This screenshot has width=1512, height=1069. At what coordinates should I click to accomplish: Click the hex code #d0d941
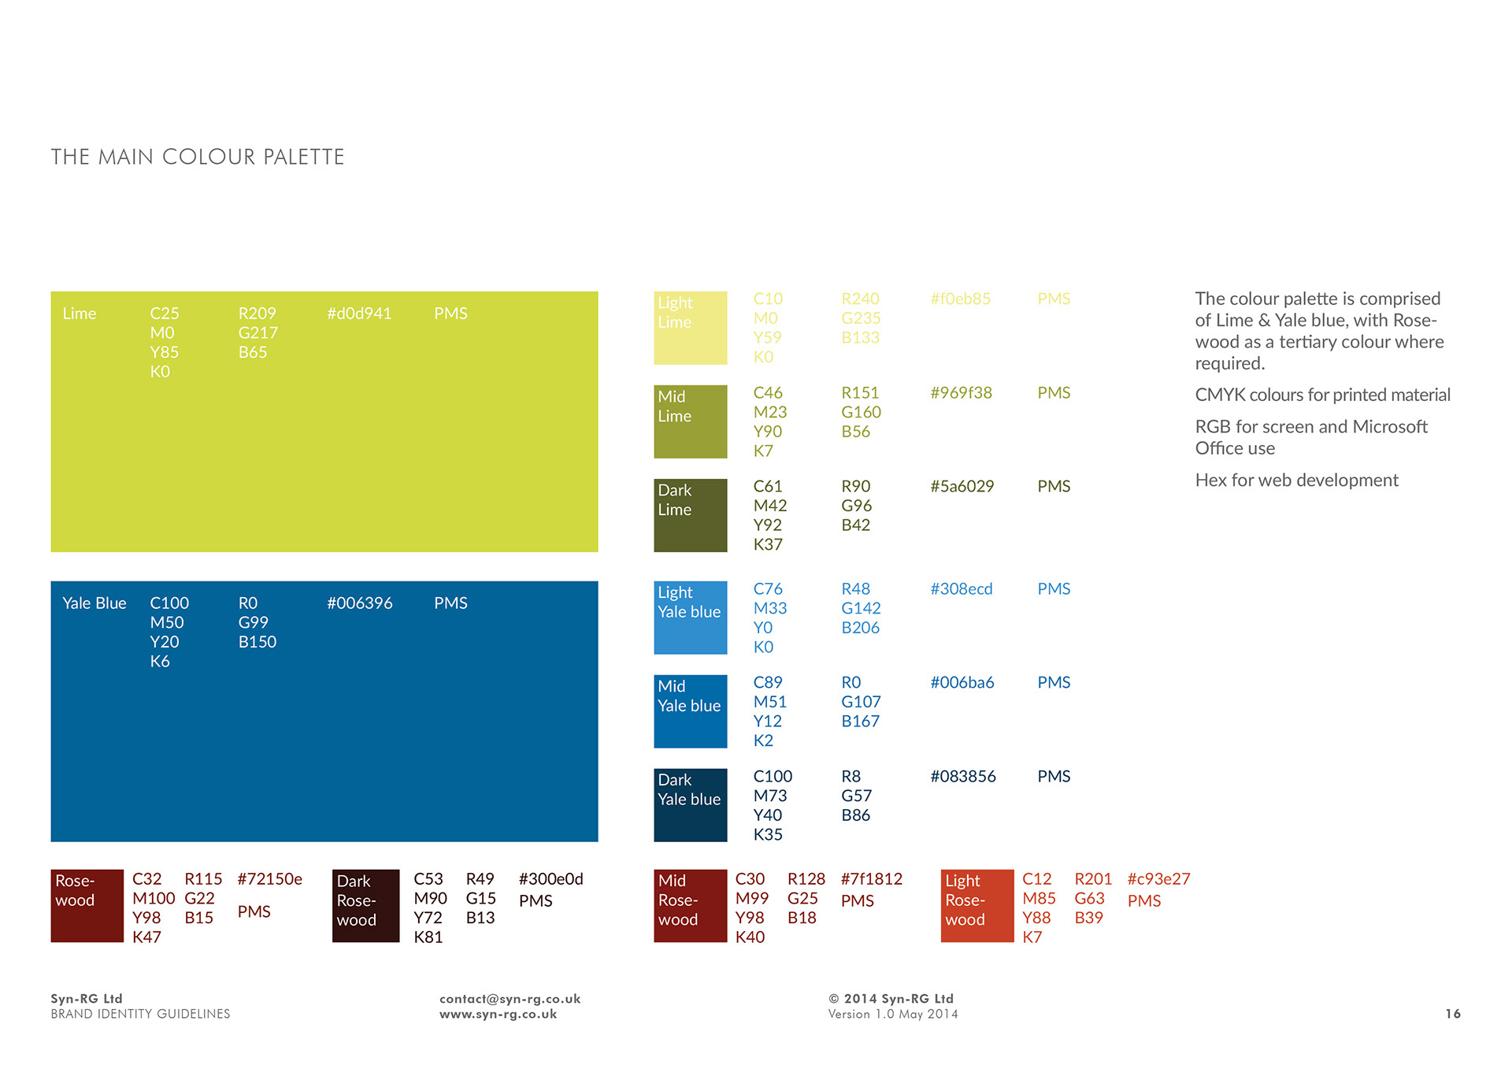pos(359,314)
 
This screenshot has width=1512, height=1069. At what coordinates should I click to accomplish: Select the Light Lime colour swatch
pos(690,328)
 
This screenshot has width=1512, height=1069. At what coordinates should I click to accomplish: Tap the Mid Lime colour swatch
pos(690,421)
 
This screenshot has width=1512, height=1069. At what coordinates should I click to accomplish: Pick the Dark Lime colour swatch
pos(690,515)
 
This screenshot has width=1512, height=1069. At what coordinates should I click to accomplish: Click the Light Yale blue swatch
pos(690,618)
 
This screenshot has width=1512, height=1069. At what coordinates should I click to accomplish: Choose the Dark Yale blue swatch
pos(690,805)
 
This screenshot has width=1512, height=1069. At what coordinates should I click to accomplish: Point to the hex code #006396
pos(360,603)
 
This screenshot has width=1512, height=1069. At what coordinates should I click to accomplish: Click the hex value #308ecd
pos(962,589)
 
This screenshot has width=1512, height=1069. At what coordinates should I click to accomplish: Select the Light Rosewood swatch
pos(976,906)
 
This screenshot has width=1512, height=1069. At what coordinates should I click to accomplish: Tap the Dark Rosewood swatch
pos(365,906)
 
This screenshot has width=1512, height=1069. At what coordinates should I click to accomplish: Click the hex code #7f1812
pos(872,879)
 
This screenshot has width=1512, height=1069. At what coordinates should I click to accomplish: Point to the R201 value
pos(1093,879)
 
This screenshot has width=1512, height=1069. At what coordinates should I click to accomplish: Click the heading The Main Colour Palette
pos(198,158)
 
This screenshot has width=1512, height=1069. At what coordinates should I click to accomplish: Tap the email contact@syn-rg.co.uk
pos(510,999)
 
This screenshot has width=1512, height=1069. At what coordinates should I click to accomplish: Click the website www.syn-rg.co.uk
pos(498,1015)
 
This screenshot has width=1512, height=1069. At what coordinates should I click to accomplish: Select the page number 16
pos(1453,1014)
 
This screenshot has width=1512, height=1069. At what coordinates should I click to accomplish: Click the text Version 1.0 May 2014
pos(893,1015)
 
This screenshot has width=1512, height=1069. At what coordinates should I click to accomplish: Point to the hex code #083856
pos(963,777)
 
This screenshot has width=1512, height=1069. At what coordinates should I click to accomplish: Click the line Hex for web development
pos(1296,481)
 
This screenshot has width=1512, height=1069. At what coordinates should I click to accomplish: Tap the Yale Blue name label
pos(94,603)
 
